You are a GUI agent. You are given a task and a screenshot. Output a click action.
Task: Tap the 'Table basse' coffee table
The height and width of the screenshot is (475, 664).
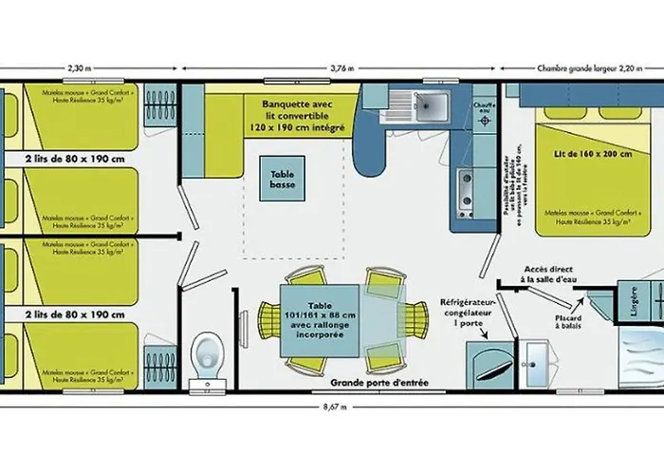tap(283, 180)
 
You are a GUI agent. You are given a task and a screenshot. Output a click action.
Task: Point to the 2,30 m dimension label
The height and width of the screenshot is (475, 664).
tap(81, 68)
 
